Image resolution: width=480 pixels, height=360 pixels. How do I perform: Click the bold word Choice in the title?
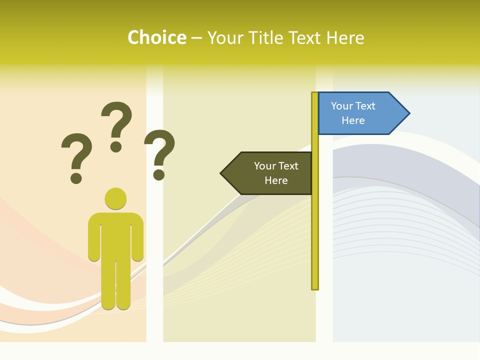(x=156, y=37)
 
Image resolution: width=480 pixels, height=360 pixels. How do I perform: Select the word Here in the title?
(x=345, y=37)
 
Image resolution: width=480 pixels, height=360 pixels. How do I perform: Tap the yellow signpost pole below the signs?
(x=314, y=240)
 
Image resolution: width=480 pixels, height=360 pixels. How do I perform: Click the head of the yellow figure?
(x=115, y=198)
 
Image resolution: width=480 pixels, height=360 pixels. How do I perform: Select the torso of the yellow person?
(x=115, y=235)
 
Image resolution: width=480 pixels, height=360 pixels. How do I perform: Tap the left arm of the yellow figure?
(x=94, y=237)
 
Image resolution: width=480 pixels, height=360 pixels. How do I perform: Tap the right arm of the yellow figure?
(x=137, y=237)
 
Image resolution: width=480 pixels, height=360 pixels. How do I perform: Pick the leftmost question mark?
(x=76, y=152)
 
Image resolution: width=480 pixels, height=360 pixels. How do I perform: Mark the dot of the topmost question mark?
(x=116, y=146)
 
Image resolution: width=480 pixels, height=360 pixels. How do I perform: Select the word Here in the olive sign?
(x=276, y=180)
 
